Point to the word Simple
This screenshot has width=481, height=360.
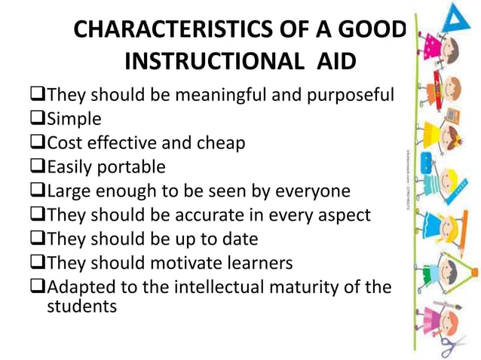[72, 118]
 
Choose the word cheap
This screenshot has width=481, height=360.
[219, 142]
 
